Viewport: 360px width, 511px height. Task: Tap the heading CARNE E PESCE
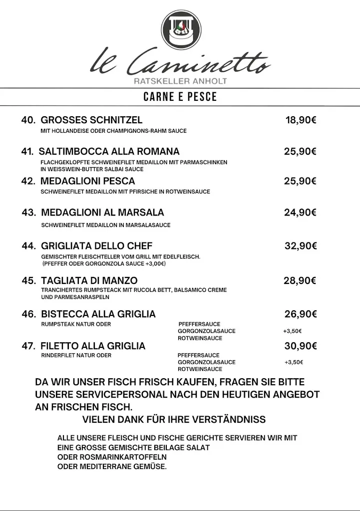[180, 97]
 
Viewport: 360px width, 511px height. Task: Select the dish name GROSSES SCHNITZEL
[91, 120]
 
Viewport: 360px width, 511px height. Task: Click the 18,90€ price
[301, 120]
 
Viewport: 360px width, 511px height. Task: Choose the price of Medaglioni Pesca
[300, 181]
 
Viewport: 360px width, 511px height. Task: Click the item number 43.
[28, 213]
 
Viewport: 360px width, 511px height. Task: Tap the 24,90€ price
[300, 213]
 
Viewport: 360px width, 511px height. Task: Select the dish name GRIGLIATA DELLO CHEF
[97, 246]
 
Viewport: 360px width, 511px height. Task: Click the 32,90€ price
[300, 246]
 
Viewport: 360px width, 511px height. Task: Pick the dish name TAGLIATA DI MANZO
[89, 281]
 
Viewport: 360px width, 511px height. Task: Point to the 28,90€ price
[300, 281]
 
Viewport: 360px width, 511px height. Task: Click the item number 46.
[28, 314]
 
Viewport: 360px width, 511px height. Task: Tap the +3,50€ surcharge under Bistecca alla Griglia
[293, 331]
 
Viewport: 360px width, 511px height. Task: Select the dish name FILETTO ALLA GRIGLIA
[93, 346]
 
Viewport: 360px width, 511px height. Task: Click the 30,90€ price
[300, 346]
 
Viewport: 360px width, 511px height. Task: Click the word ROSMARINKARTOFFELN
[112, 457]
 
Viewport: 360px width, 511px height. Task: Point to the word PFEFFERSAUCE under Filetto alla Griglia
[199, 355]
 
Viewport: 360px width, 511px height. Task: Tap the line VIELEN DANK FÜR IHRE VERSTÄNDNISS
[174, 419]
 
